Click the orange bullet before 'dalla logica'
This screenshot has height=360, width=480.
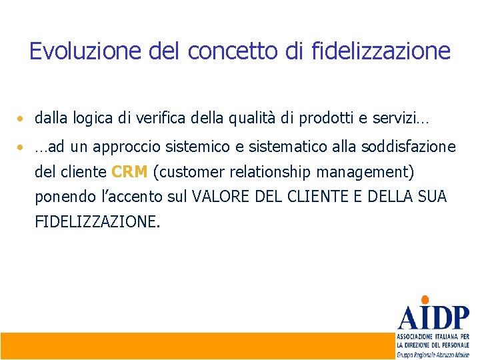point(22,120)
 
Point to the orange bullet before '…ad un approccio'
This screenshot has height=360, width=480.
point(22,147)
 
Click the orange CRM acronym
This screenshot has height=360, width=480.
point(129,172)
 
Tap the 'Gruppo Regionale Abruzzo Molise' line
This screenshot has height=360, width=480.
point(433,355)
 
